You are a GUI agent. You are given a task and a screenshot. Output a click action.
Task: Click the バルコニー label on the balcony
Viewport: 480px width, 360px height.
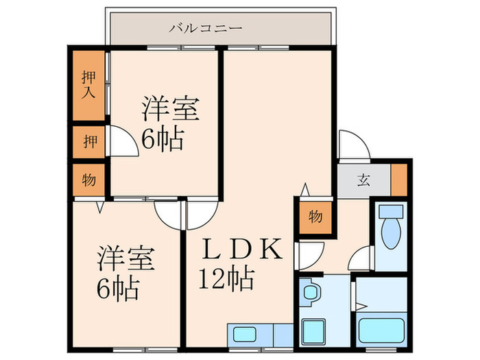[x=206, y=29]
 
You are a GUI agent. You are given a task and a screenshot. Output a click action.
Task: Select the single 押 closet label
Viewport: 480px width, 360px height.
[x=89, y=143]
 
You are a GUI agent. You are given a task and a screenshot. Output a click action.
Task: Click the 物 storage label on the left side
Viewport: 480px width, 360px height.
[x=89, y=180]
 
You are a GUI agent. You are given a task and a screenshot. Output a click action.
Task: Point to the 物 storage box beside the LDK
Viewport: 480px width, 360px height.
[x=315, y=217]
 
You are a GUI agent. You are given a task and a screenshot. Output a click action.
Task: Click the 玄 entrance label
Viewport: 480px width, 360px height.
[x=363, y=181]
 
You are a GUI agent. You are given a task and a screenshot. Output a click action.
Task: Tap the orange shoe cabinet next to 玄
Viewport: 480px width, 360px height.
[x=398, y=180]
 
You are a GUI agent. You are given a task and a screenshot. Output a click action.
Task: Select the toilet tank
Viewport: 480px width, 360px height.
[x=391, y=211]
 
